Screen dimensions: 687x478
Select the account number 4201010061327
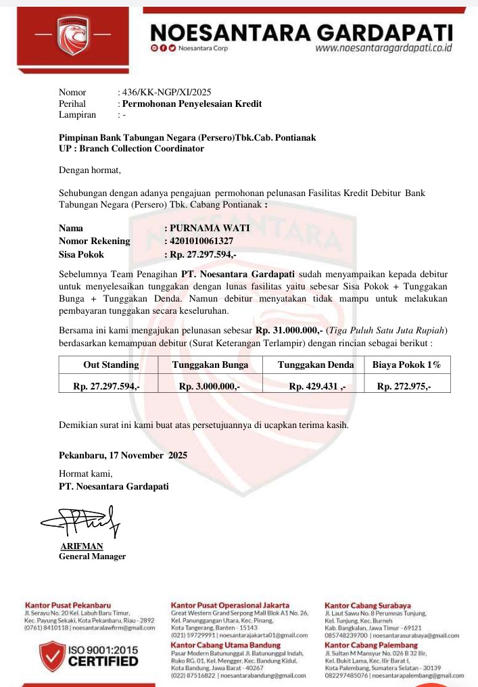coord(201,241)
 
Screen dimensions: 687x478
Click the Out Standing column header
coord(111,365)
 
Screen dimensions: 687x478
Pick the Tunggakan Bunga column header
coord(210,365)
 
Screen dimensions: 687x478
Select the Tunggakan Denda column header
coord(316,365)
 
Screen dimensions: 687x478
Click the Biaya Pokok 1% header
coord(406,365)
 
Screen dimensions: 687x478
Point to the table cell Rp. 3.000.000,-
coord(210,386)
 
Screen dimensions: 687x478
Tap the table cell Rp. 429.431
coord(316,386)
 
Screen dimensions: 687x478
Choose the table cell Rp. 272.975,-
coord(404,386)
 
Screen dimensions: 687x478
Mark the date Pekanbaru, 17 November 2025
coord(123,455)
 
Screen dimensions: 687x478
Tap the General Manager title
coord(92,556)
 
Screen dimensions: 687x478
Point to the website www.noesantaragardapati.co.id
coord(383,49)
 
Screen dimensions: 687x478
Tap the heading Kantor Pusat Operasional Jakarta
coord(230,605)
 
